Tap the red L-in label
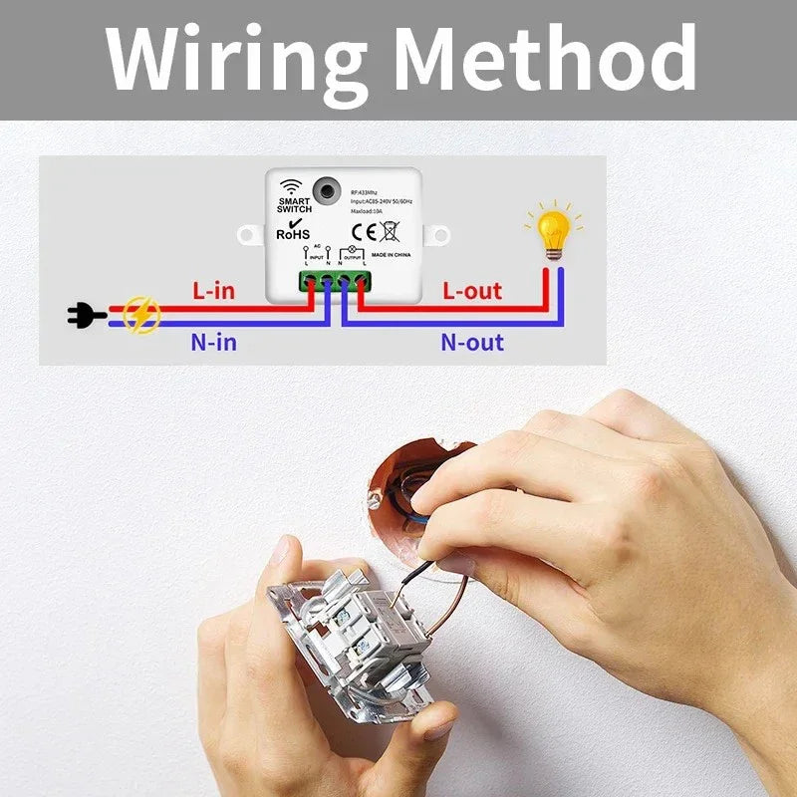(213, 291)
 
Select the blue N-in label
(213, 343)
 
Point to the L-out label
(472, 291)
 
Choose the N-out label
(472, 343)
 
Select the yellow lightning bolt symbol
(141, 316)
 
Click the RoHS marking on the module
(294, 233)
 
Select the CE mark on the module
(365, 232)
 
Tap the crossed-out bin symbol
(389, 232)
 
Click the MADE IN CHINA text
(392, 255)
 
